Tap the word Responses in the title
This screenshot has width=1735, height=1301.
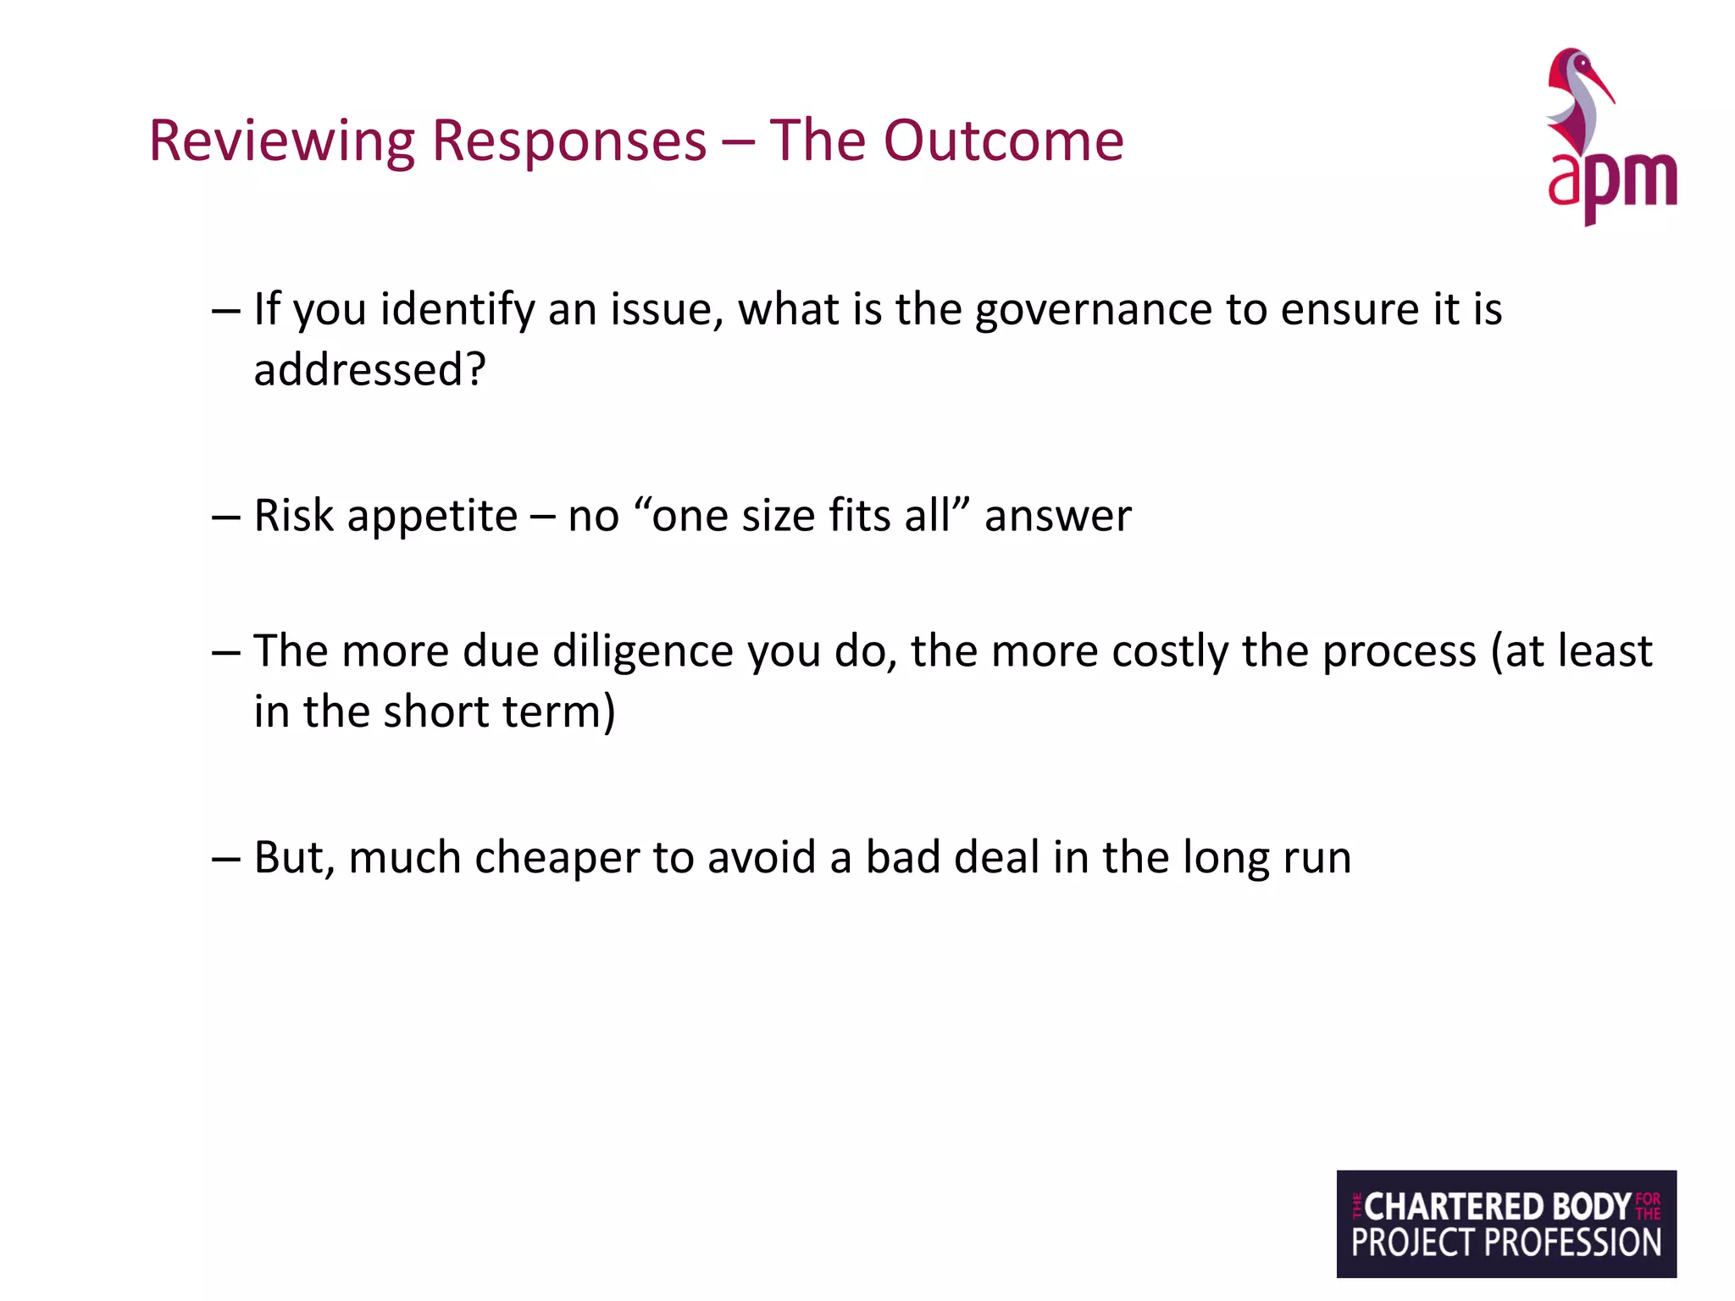[x=568, y=141]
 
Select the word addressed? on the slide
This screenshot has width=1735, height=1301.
[x=370, y=370]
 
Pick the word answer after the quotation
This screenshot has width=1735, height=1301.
[x=1057, y=516]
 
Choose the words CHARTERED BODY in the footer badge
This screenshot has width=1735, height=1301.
[x=1496, y=1206]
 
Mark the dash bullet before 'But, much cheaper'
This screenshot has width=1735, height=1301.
[x=226, y=859]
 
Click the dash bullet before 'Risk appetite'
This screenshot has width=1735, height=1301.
[x=226, y=517]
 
